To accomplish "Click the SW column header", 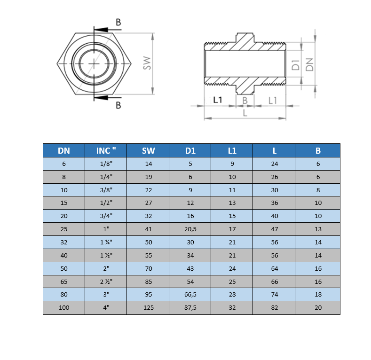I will [x=148, y=150].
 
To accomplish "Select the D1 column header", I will [x=190, y=150].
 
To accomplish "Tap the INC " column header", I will [x=105, y=150].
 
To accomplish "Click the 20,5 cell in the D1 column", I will [x=190, y=229].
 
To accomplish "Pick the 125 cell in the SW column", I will [x=148, y=308].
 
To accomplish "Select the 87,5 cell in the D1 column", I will [x=190, y=308].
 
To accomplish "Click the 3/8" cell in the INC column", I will [x=106, y=190].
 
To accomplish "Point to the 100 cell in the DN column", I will [x=64, y=308].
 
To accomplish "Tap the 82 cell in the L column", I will [x=275, y=308].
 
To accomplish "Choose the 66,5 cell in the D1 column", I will [x=190, y=295].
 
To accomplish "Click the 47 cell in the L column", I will [x=275, y=229].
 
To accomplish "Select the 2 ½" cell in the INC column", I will [x=106, y=282].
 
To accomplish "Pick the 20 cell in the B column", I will [x=318, y=308].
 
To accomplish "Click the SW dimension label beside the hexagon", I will [x=147, y=63].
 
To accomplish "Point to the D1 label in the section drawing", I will [x=295, y=65].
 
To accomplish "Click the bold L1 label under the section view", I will [x=218, y=100].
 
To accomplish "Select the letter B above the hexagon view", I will [x=118, y=22].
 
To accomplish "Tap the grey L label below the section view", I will [x=245, y=113].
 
